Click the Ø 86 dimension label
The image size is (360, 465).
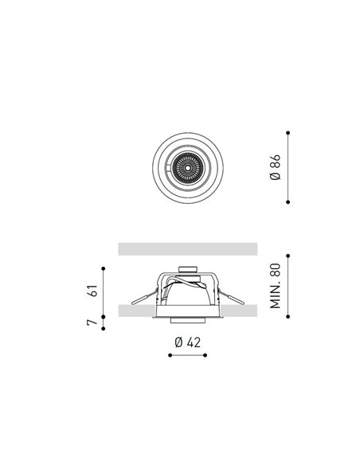pyautogui.click(x=276, y=167)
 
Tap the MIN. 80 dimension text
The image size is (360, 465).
pyautogui.click(x=276, y=286)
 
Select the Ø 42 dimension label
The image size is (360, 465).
pyautogui.click(x=188, y=342)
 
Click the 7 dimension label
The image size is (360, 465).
pyautogui.click(x=92, y=322)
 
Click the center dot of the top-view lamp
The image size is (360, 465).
pyautogui.click(x=187, y=168)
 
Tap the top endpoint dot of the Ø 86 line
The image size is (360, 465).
pyautogui.click(x=288, y=133)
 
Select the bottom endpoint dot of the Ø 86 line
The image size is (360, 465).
pyautogui.click(x=288, y=202)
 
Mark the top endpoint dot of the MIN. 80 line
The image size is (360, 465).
pyautogui.click(x=288, y=256)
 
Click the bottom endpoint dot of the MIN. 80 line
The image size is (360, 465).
pyautogui.click(x=288, y=317)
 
